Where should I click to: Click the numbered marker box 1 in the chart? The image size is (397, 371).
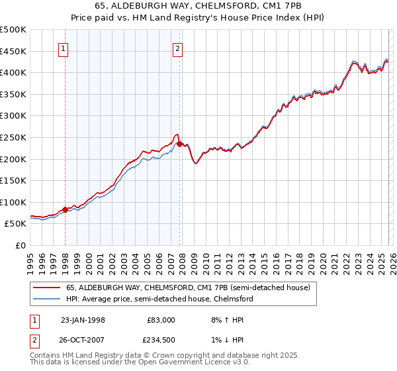[63, 48]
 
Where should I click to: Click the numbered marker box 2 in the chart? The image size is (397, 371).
[178, 48]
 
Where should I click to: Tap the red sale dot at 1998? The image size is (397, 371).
[66, 209]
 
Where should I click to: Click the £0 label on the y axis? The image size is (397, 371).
[21, 245]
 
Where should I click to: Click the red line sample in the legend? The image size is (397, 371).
[46, 288]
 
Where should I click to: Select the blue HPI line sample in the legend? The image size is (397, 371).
[46, 299]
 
